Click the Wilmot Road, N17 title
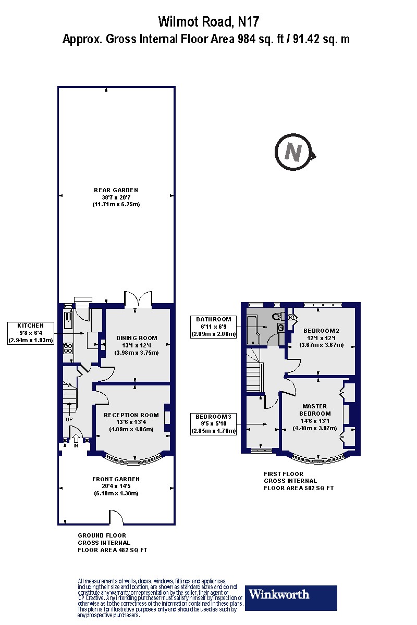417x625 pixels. click(x=208, y=21)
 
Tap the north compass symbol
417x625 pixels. click(x=295, y=153)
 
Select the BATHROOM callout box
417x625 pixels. click(x=214, y=327)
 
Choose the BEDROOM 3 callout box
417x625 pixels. click(x=214, y=423)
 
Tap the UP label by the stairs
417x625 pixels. click(x=69, y=419)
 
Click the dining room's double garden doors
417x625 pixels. click(x=138, y=301)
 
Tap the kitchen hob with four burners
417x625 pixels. click(x=67, y=349)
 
